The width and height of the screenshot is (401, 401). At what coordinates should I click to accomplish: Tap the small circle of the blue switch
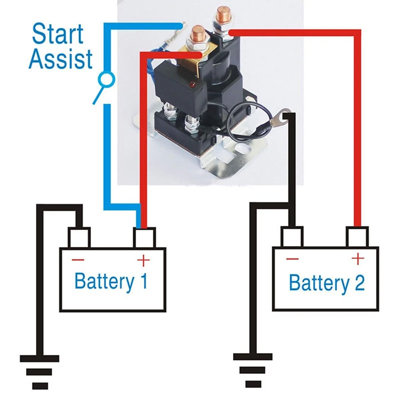(x=106, y=79)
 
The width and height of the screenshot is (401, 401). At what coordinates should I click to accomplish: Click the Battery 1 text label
(x=111, y=281)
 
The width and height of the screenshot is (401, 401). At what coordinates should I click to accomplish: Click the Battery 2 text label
(x=327, y=283)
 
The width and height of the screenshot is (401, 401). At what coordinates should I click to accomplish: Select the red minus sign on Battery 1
(x=78, y=260)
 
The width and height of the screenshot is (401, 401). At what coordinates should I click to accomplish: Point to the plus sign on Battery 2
(x=357, y=259)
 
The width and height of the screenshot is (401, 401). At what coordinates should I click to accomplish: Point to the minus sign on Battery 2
(x=292, y=259)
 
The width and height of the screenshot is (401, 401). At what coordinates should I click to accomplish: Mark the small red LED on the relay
(x=193, y=82)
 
